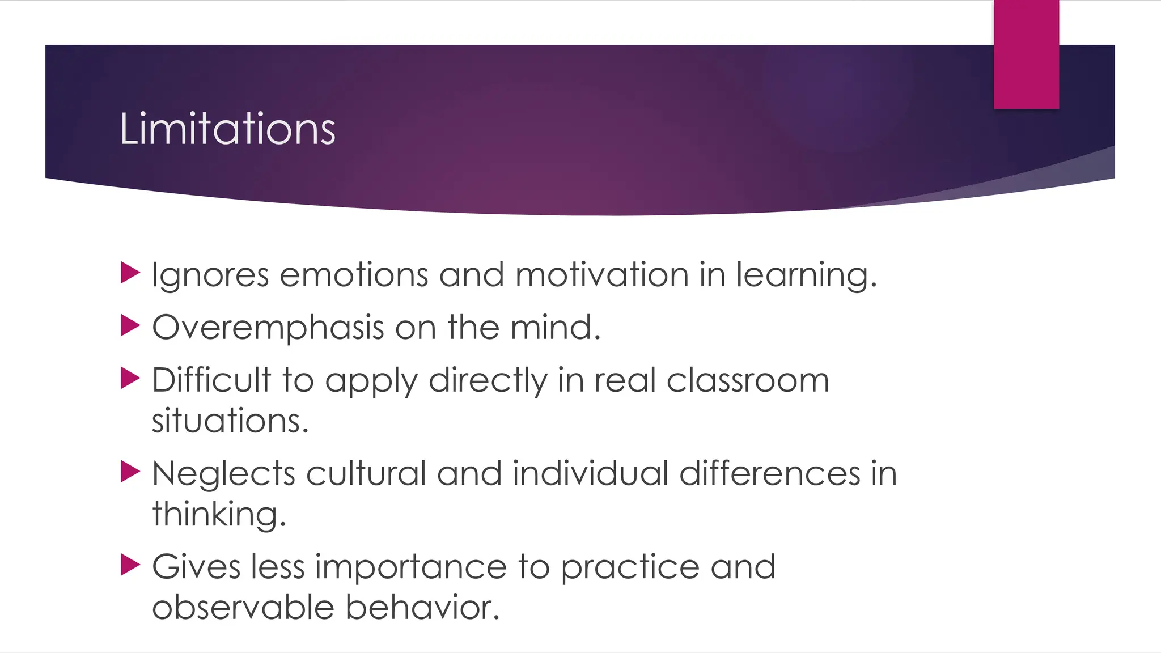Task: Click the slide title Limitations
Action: [227, 129]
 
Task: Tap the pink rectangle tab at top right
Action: [1026, 54]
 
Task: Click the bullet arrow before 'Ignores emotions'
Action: [130, 273]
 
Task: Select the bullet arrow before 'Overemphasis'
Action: [130, 325]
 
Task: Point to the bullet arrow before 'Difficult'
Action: [130, 378]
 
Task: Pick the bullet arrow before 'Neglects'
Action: [130, 472]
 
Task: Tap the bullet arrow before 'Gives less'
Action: [130, 565]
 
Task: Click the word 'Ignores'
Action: [210, 275]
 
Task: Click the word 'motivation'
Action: [601, 275]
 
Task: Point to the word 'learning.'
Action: [806, 276]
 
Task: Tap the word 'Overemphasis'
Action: [268, 328]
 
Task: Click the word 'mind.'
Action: [555, 327]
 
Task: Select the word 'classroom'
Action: [748, 380]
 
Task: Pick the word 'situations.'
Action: [230, 421]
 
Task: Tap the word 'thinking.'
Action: [219, 515]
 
